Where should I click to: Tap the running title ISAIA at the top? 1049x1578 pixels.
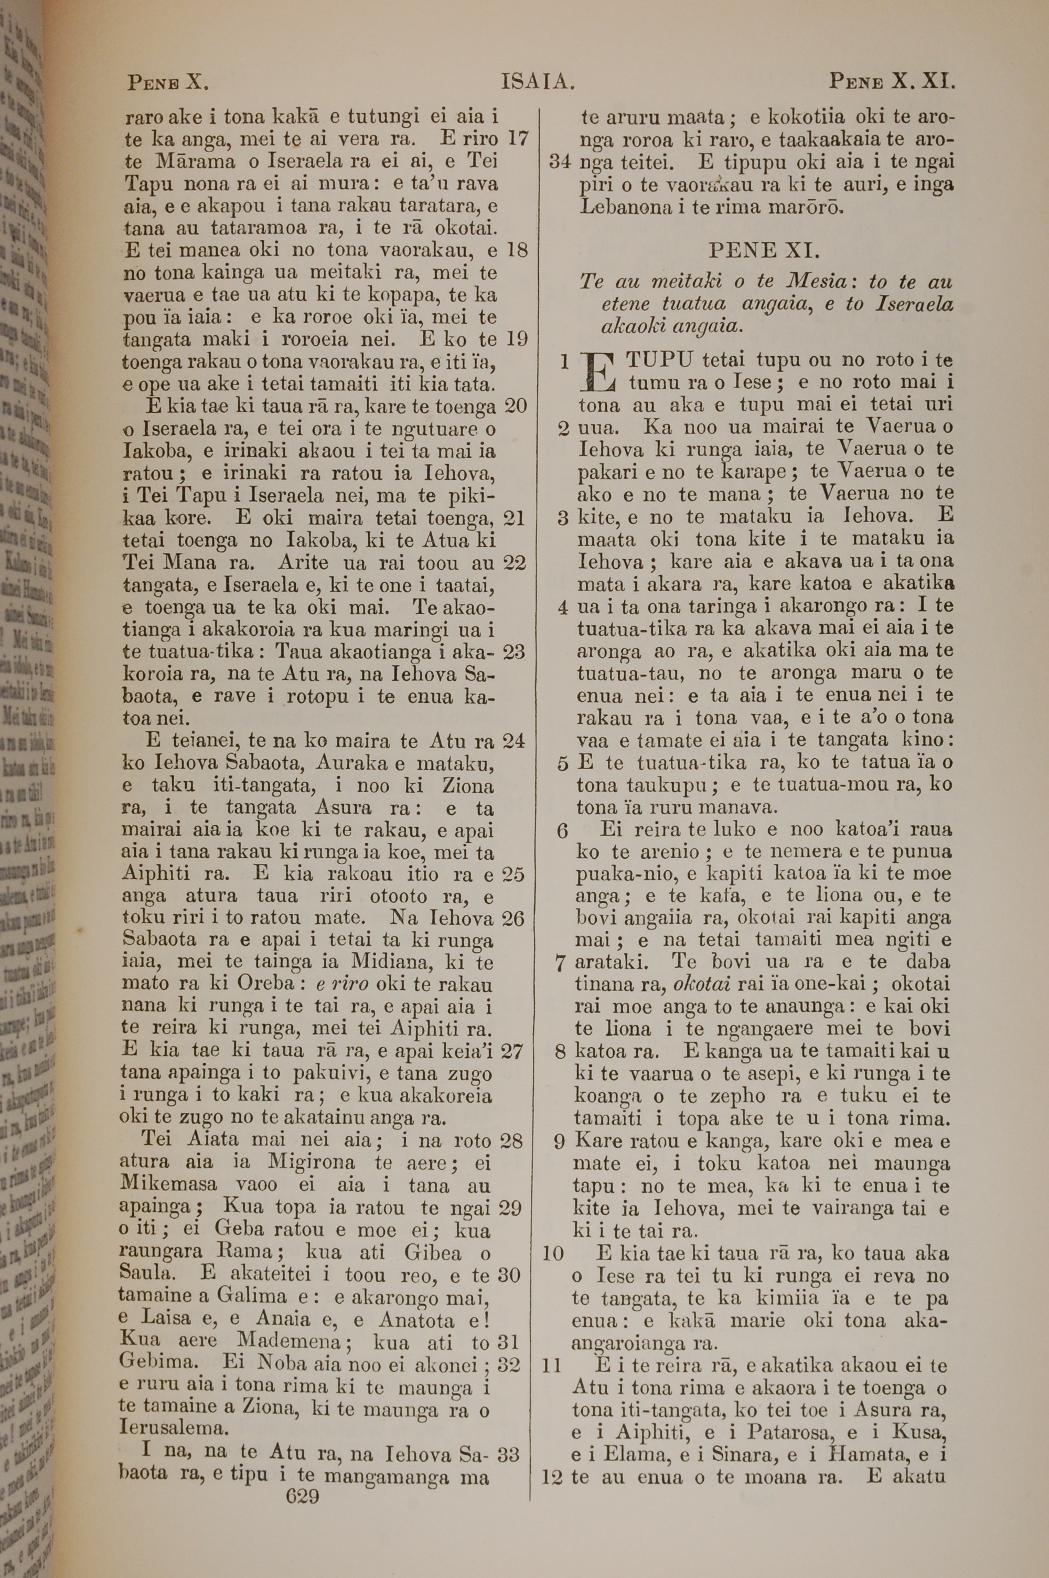538,82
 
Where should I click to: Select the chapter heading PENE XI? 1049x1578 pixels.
763,251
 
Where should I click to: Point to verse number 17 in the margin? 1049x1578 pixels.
518,139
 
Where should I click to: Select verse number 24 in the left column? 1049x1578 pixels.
514,741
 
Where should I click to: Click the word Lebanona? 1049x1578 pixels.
624,207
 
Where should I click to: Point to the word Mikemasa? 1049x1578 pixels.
168,1183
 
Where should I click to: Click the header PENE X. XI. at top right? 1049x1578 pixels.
891,82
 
